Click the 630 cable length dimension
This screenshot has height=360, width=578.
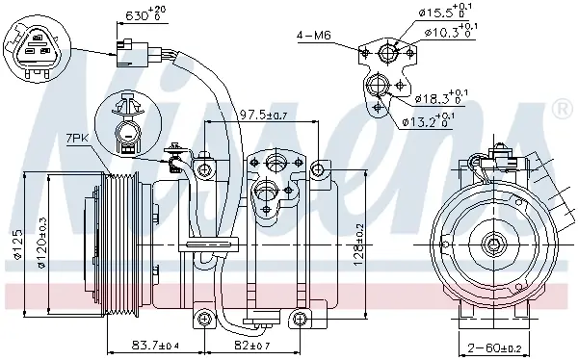click(145, 13)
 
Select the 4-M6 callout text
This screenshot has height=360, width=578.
click(314, 36)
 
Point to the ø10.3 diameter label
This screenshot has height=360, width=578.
click(451, 31)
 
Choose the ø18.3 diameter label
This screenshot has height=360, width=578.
click(441, 97)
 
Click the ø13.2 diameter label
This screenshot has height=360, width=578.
click(428, 119)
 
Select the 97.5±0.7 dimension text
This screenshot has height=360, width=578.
click(263, 115)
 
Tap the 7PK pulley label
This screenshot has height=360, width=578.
click(77, 140)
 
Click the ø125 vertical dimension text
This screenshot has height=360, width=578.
click(17, 244)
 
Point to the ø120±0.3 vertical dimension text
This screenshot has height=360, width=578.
click(42, 243)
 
